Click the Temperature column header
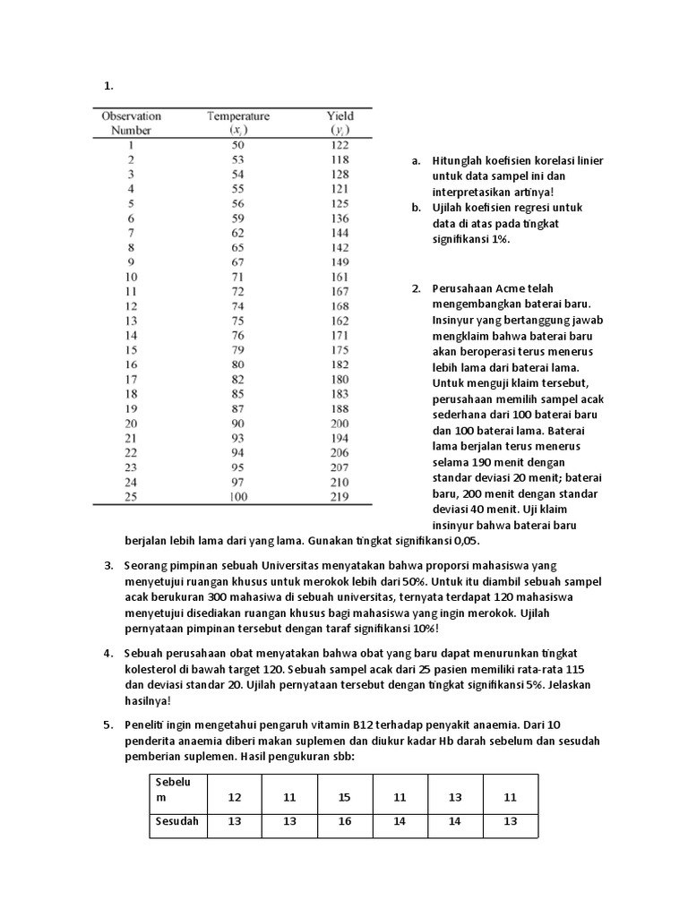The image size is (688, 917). tap(238, 116)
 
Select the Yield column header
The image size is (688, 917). tap(340, 116)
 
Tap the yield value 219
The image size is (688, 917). tap(340, 497)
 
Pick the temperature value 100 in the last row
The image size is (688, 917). tap(238, 497)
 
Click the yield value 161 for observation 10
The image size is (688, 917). tap(340, 278)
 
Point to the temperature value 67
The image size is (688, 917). tap(238, 262)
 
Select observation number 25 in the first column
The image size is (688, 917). tap(131, 497)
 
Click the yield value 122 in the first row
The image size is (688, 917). tap(340, 145)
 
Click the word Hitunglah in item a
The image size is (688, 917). tap(460, 161)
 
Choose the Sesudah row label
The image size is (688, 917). tap(177, 821)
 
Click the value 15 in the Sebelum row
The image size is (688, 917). tap(345, 796)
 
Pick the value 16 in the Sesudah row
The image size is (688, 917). tap(345, 821)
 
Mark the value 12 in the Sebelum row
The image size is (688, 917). tap(235, 796)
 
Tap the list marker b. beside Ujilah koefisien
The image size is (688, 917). tap(416, 208)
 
